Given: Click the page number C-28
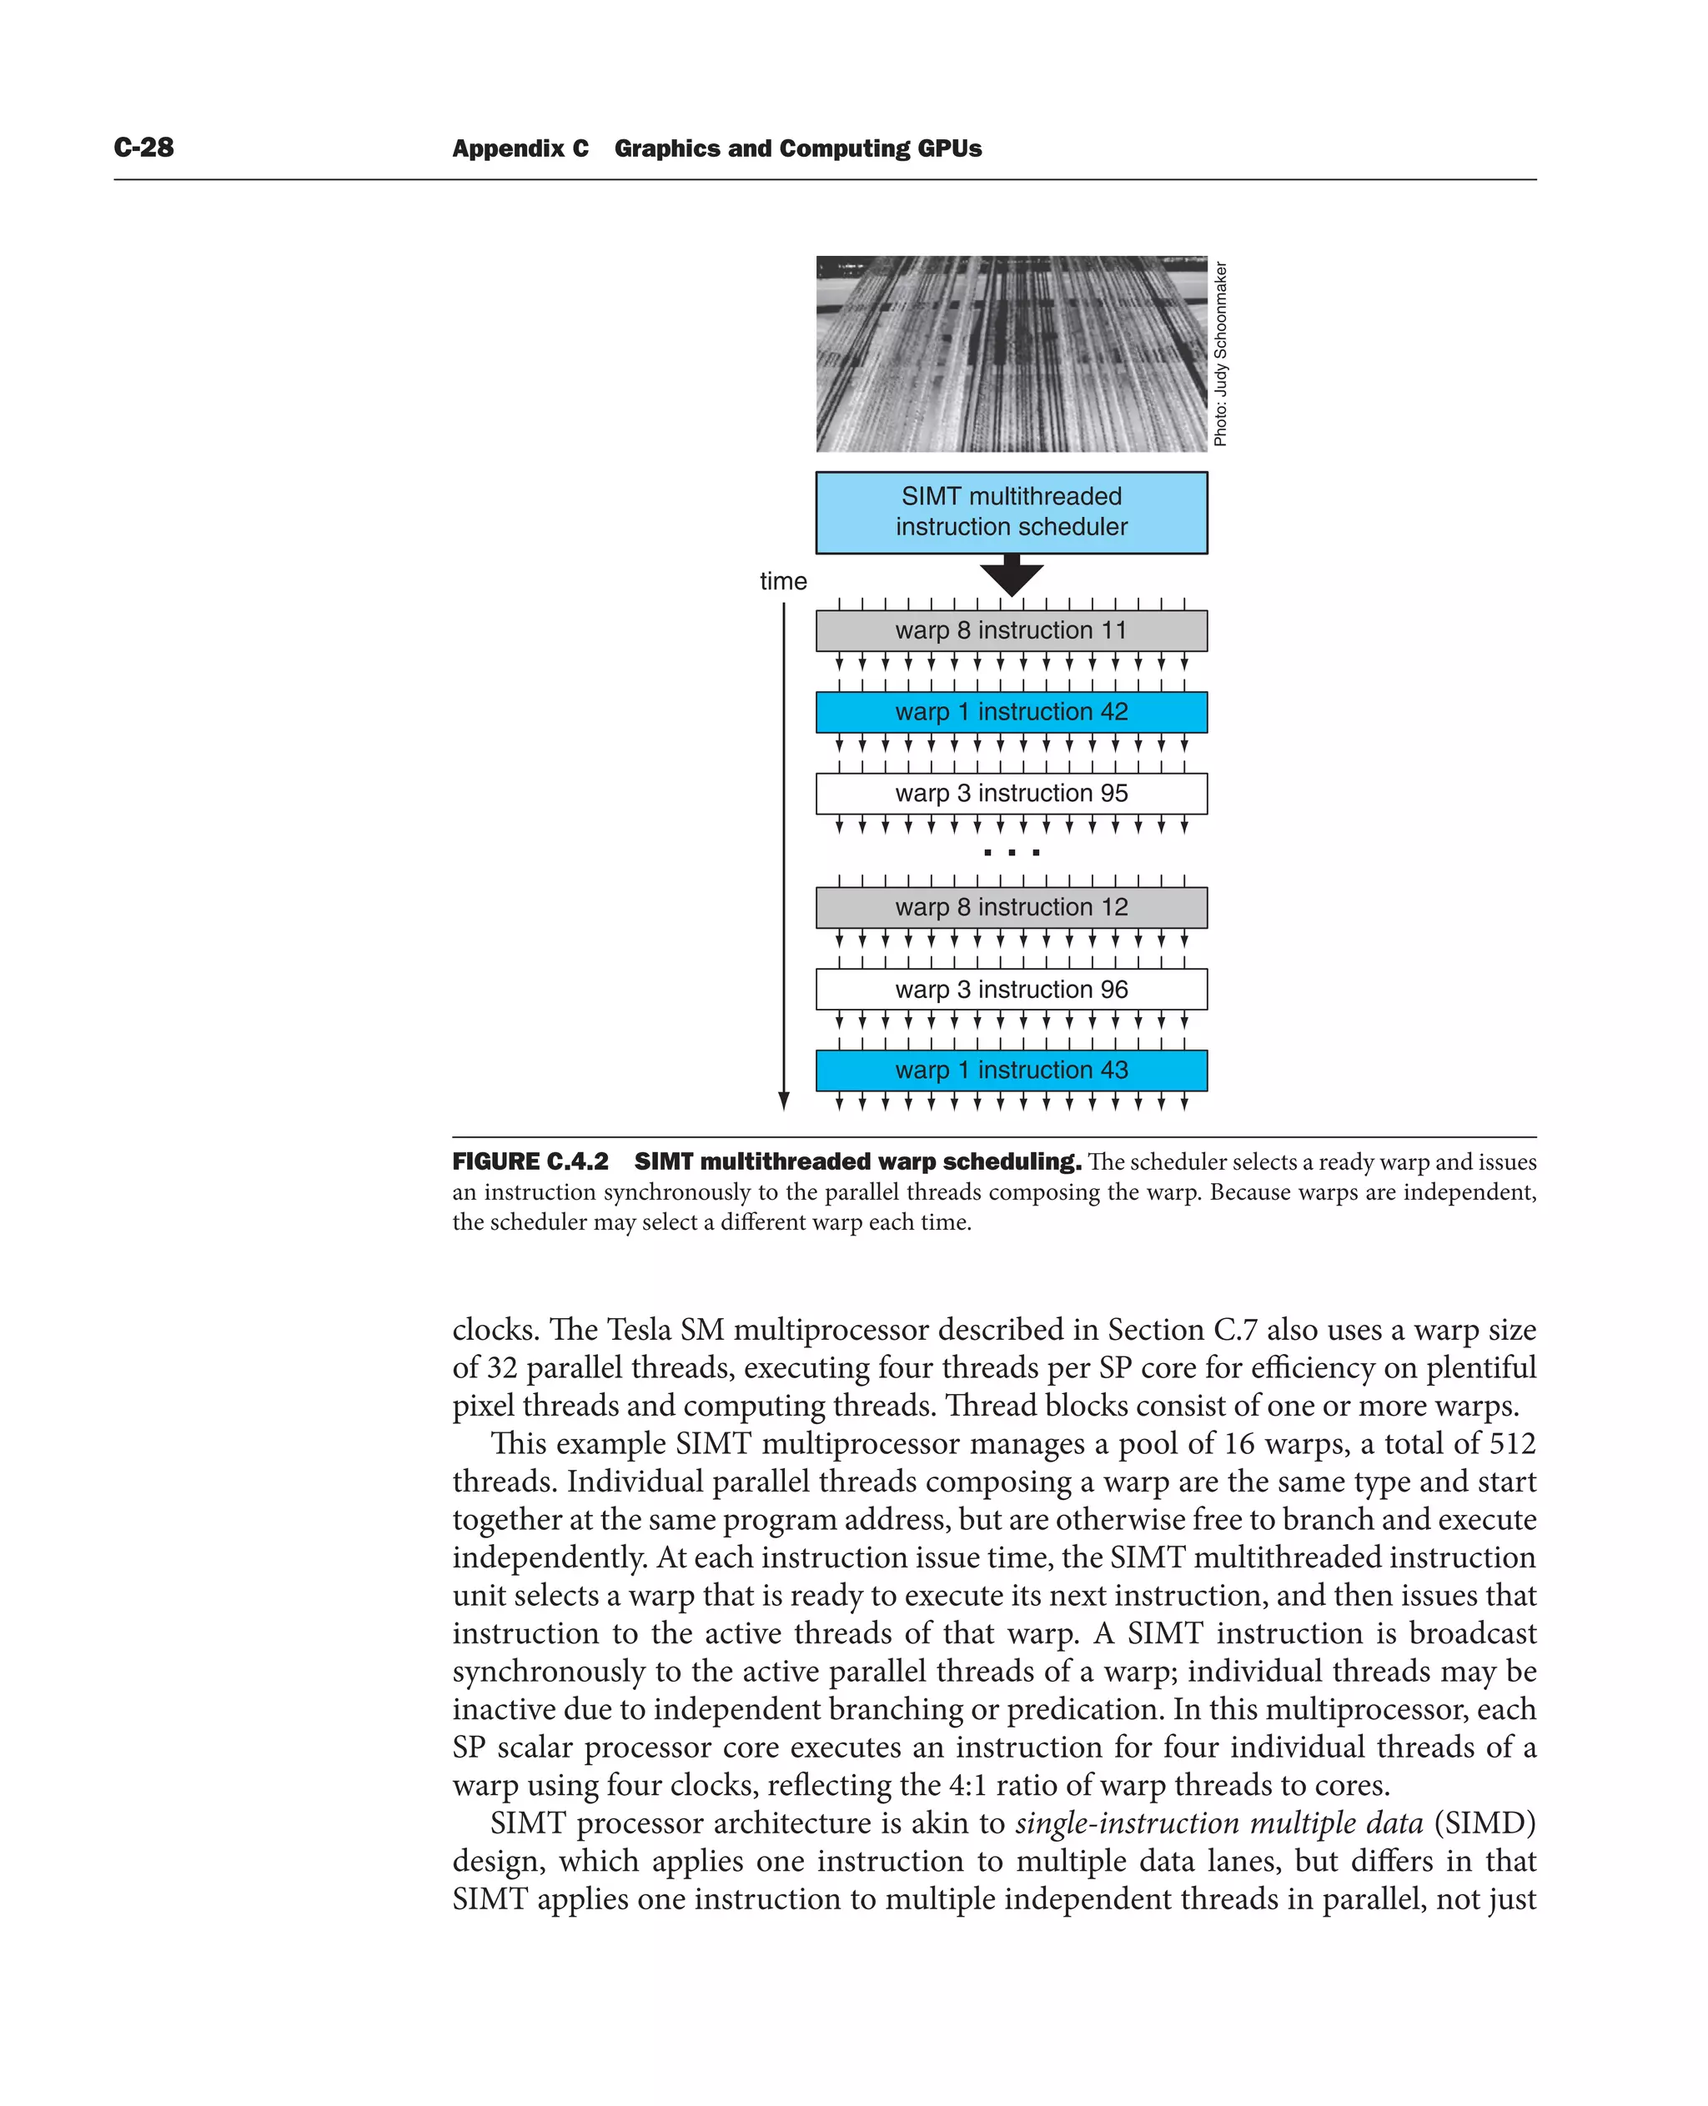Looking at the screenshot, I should [143, 148].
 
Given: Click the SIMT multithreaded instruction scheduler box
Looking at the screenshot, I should [1011, 512].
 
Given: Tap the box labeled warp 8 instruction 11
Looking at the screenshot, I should [1011, 630].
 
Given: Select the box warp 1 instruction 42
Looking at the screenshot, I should [1011, 712].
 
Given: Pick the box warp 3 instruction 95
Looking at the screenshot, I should [1011, 794].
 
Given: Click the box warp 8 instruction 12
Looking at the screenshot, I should [1011, 907].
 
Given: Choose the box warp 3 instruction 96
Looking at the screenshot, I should [1011, 990].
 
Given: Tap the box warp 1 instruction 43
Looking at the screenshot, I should [1011, 1071].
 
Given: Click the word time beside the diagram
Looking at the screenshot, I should [782, 581].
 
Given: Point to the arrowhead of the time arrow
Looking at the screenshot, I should [784, 1101].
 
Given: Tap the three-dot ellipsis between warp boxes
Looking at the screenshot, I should [1012, 853].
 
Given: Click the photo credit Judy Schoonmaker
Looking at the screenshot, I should [1220, 354].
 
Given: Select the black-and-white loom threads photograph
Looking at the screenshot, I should [1011, 354].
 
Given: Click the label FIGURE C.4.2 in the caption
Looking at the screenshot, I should [530, 1161].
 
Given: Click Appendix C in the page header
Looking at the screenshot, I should [520, 148].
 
